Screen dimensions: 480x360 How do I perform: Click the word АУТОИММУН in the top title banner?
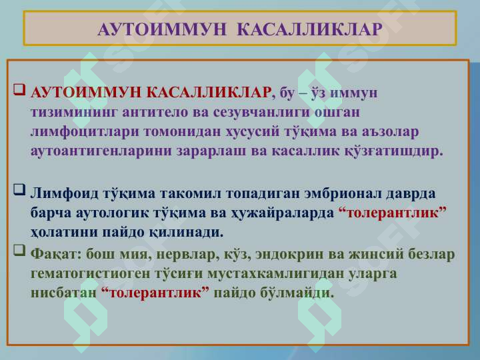(161, 29)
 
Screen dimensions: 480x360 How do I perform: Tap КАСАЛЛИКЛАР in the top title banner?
(309, 29)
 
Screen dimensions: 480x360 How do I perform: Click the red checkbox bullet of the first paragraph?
(19, 90)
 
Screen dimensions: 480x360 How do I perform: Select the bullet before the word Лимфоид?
(19, 189)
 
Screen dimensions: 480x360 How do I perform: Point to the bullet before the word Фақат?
(19, 250)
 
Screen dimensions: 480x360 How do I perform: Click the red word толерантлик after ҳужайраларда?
(393, 213)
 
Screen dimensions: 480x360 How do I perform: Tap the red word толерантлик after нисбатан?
(155, 293)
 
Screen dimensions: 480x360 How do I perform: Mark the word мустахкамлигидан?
(275, 273)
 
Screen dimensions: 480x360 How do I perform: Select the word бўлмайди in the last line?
(297, 293)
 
